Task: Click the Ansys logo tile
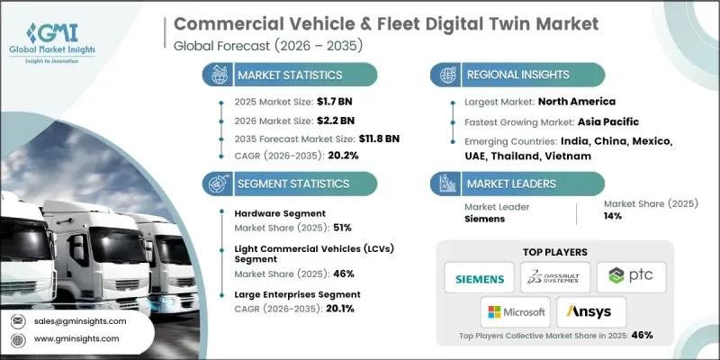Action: point(591,312)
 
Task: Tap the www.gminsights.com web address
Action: point(76,338)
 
